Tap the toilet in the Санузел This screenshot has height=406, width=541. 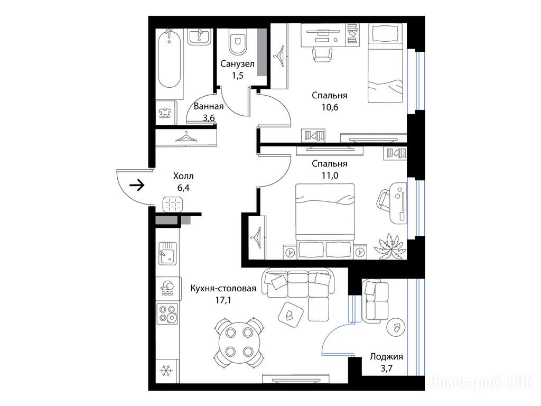click(x=237, y=41)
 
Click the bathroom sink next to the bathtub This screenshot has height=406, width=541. click(x=199, y=36)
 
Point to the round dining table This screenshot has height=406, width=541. click(x=238, y=342)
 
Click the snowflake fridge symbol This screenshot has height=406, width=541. click(x=166, y=371)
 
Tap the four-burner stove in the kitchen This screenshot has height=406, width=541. click(x=167, y=313)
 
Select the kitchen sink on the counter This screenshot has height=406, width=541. click(x=168, y=253)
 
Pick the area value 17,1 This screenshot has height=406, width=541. click(x=223, y=300)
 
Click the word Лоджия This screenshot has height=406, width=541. click(x=386, y=357)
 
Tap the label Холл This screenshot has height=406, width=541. click(x=183, y=176)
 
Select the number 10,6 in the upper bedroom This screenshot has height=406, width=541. click(x=330, y=107)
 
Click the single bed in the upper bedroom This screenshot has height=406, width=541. click(x=385, y=63)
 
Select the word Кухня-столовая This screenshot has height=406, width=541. click(x=223, y=288)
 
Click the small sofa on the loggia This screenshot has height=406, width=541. click(x=375, y=301)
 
